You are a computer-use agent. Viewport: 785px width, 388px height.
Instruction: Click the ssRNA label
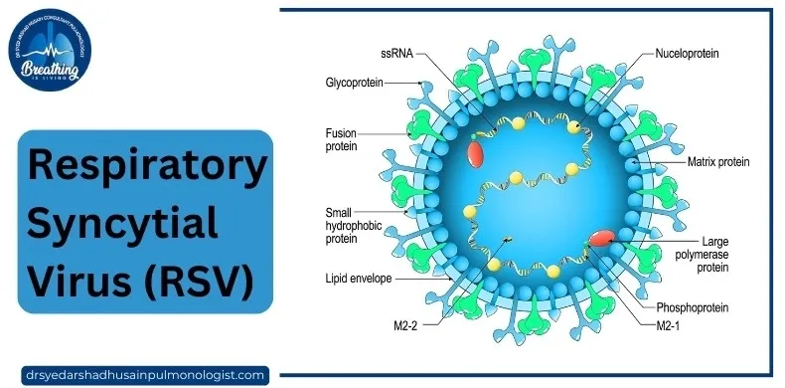click(x=395, y=51)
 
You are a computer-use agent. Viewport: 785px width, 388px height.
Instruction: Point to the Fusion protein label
click(x=342, y=138)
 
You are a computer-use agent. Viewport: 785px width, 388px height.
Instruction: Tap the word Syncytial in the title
click(x=123, y=218)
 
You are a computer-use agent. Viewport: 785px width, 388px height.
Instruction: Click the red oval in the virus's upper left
click(x=478, y=153)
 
